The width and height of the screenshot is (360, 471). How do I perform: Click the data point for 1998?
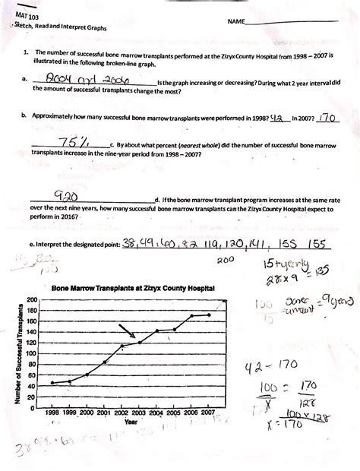52,383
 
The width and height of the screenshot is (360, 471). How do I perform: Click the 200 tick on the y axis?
32,300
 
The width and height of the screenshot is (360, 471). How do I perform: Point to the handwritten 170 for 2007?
327,118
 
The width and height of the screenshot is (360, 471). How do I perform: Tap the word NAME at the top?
235,22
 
